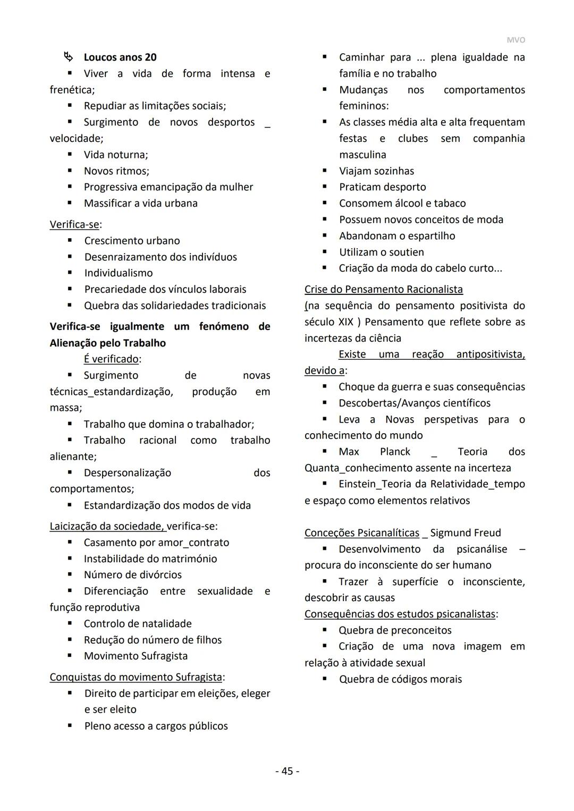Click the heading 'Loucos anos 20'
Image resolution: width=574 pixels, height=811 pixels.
click(120, 57)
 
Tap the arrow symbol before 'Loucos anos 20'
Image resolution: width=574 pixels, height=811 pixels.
click(68, 56)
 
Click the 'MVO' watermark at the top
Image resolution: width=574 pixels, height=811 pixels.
click(515, 40)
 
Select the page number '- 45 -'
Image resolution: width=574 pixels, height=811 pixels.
click(287, 771)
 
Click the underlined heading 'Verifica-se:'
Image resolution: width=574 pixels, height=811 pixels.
click(75, 224)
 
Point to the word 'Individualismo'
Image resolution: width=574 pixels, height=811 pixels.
click(119, 273)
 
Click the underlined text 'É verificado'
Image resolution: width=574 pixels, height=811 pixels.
click(111, 359)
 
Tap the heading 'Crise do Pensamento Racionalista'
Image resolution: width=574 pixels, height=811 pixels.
click(383, 290)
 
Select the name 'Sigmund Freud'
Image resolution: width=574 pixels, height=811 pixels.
click(466, 533)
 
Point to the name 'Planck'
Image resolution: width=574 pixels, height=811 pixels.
click(395, 452)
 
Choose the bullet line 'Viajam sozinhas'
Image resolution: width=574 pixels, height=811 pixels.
click(376, 171)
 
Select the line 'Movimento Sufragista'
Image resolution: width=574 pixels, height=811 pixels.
click(136, 656)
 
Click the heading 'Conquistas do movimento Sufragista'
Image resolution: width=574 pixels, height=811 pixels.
click(136, 677)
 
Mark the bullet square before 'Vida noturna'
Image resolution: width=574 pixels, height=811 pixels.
click(70, 155)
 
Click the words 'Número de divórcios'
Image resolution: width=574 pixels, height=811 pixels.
click(132, 575)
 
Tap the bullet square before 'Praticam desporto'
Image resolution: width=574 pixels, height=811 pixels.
click(325, 187)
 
